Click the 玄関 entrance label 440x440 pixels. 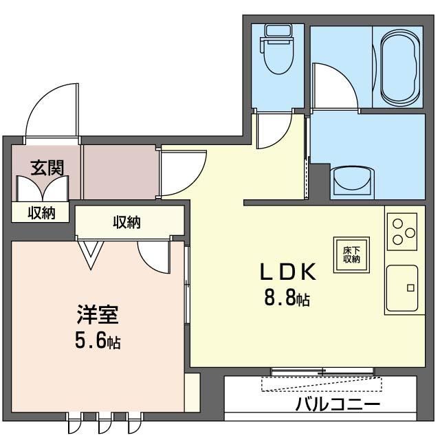click(47, 168)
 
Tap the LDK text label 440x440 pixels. click(288, 272)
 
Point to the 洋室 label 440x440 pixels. click(98, 314)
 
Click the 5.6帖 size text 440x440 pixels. click(98, 340)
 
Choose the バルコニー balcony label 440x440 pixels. click(338, 405)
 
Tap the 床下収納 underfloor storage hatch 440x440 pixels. click(351, 255)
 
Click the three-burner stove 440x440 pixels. click(402, 232)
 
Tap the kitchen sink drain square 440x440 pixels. click(410, 288)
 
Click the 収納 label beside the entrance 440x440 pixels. click(41, 213)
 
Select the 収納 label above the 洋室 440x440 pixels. click(126, 222)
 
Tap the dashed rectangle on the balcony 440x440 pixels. click(322, 384)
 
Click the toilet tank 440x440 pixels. click(278, 30)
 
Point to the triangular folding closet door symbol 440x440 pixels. click(91, 255)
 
